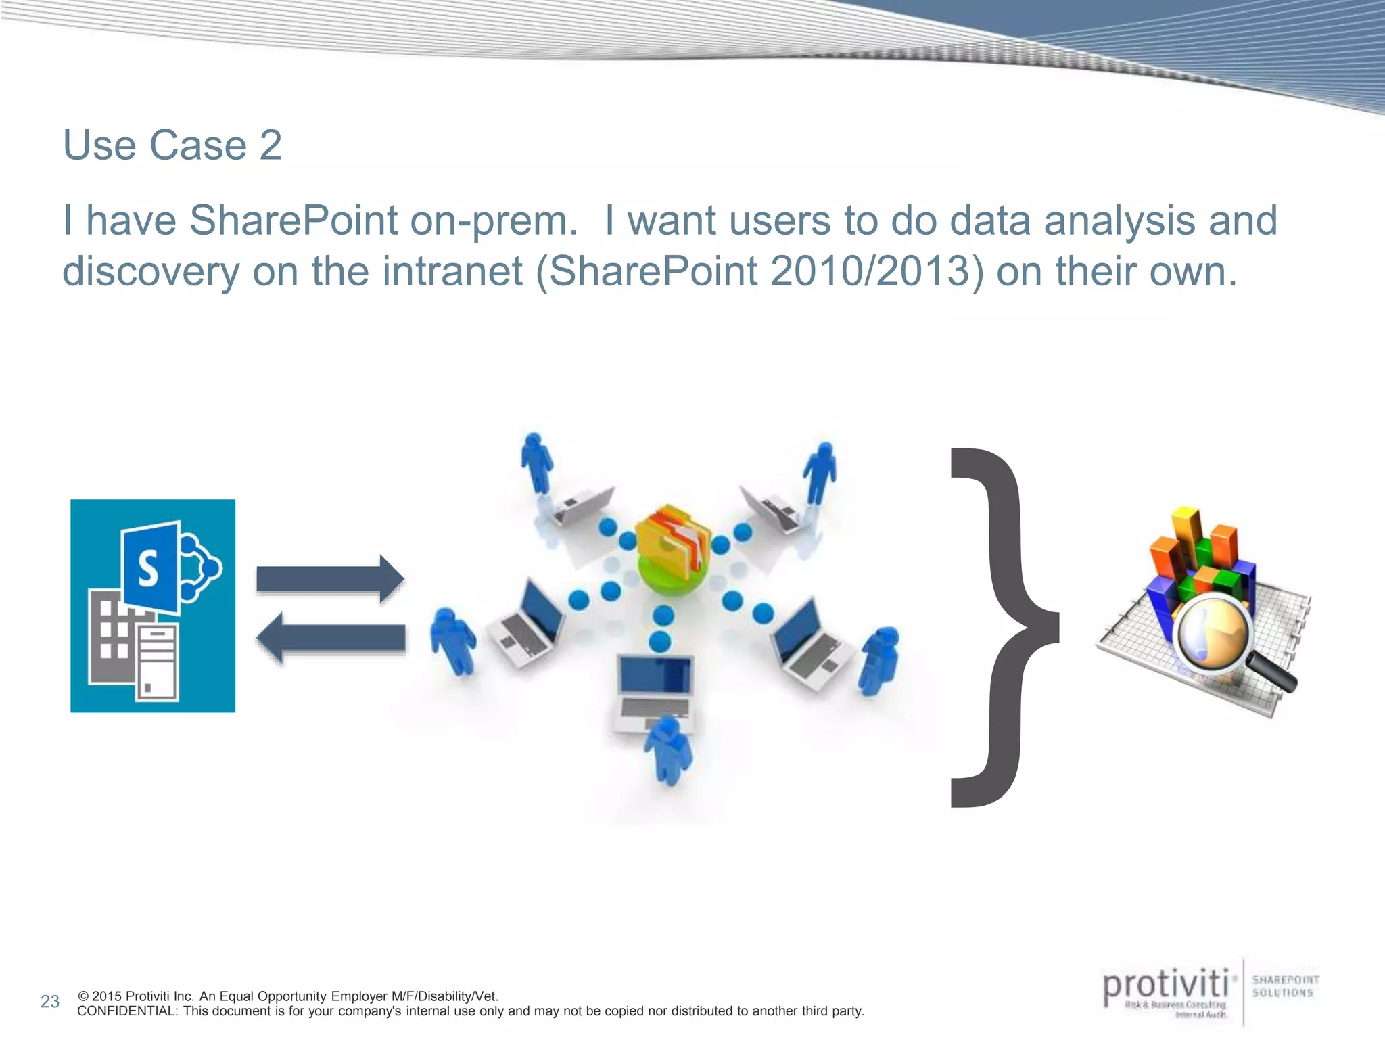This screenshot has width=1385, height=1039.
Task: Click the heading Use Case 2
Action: click(x=172, y=145)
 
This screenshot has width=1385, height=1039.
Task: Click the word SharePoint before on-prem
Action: click(x=293, y=221)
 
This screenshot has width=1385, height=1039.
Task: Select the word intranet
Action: click(x=452, y=272)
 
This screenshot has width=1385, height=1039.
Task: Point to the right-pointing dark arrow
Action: click(x=330, y=579)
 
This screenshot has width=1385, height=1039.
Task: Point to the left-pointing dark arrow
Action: click(x=331, y=638)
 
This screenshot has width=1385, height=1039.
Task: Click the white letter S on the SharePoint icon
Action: click(x=148, y=568)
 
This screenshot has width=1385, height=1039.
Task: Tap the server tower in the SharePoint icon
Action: click(x=158, y=662)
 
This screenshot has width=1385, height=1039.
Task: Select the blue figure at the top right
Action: click(x=820, y=472)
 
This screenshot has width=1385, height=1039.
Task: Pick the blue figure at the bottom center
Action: click(x=668, y=751)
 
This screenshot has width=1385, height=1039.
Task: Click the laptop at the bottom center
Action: click(x=655, y=690)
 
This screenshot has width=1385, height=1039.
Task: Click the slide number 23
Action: click(x=50, y=1002)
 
